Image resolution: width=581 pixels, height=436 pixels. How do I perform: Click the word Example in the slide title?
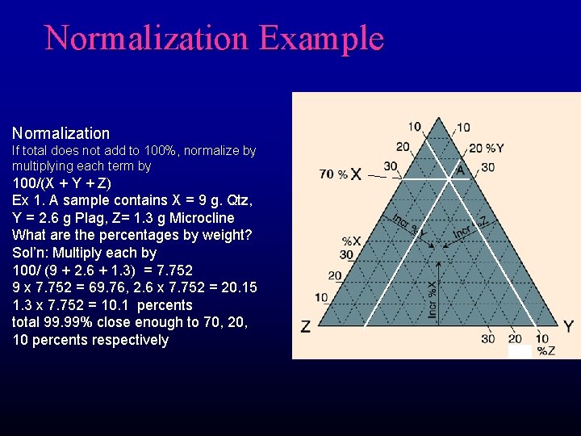click(321, 38)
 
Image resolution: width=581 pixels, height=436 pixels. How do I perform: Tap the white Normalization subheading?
click(61, 133)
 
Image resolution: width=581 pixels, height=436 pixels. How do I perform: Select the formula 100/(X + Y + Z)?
click(62, 182)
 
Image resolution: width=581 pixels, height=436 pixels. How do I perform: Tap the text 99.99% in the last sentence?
click(73, 323)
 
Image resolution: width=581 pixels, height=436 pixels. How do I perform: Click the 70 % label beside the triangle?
click(333, 174)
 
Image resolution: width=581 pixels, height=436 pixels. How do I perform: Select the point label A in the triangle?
click(460, 170)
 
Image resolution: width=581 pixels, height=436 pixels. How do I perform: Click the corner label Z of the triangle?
click(305, 327)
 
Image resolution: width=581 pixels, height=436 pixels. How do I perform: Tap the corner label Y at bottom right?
click(568, 327)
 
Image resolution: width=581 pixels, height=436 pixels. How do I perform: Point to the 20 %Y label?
click(487, 149)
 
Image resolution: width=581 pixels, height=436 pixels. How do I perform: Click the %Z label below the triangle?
click(546, 350)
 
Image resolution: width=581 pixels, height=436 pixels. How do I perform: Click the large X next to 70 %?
click(356, 174)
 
